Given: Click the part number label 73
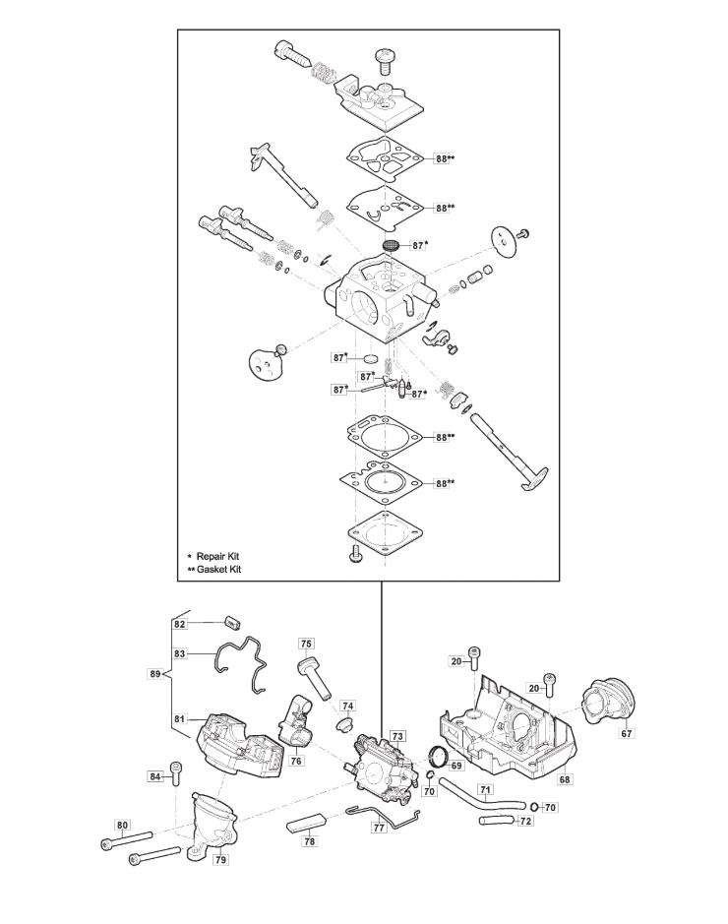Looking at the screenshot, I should click(397, 736).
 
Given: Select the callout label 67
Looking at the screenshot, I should click(627, 733).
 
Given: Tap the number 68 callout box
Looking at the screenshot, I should click(564, 779).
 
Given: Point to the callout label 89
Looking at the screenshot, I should click(154, 674).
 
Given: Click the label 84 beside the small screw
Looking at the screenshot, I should click(155, 776).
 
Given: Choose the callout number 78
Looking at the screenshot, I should click(310, 841).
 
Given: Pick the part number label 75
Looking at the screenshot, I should click(307, 644).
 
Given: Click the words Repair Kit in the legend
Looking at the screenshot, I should click(217, 555).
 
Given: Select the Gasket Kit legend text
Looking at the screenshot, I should click(218, 569).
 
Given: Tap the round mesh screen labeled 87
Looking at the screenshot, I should click(391, 243).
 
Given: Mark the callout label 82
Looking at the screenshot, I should click(180, 624).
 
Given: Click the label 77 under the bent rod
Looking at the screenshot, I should click(379, 829).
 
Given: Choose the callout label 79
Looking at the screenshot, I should click(221, 859).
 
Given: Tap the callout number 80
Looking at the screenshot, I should click(122, 825).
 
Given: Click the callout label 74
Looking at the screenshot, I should click(347, 707).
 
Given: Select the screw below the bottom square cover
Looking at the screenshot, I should click(357, 557).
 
